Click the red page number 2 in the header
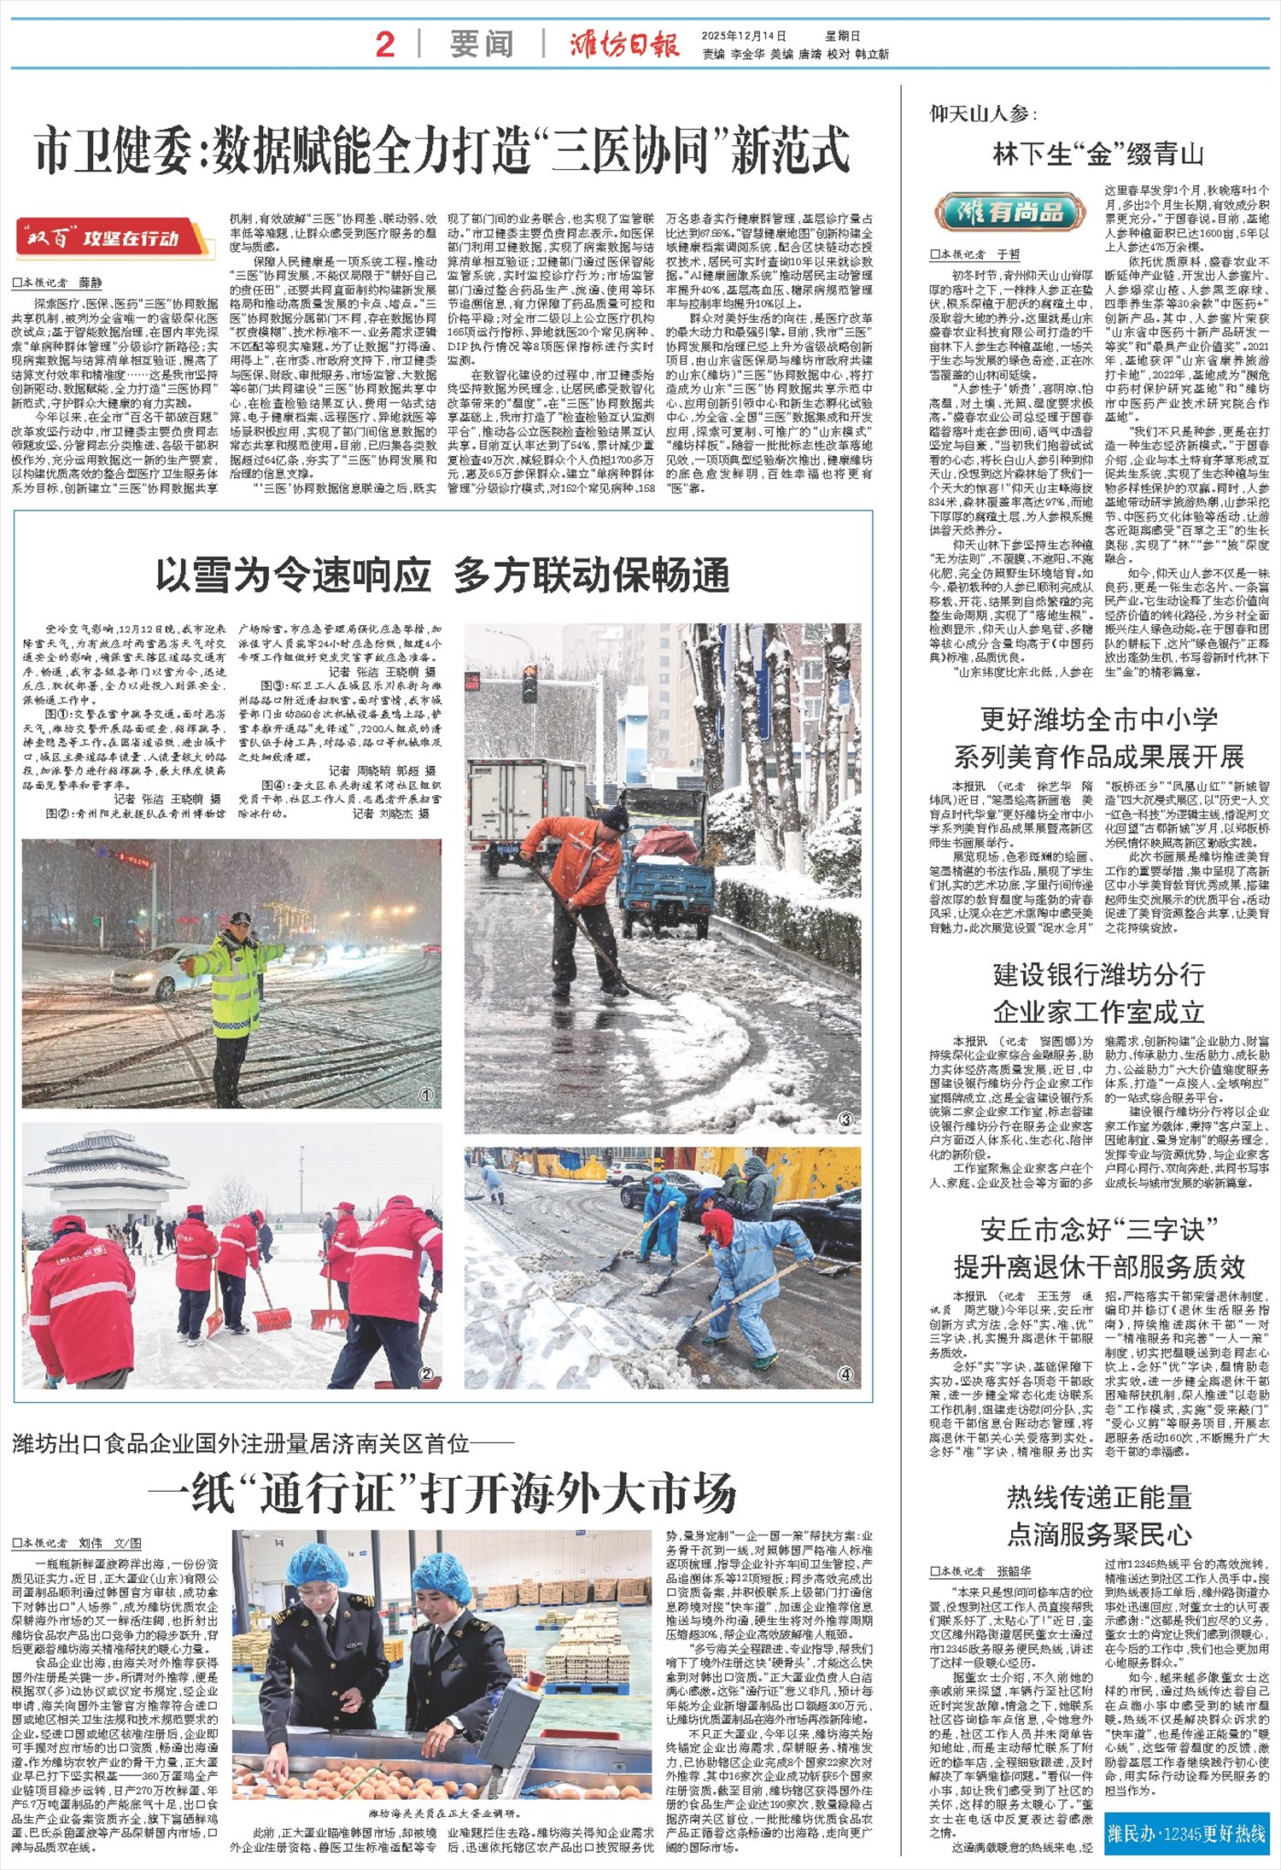[385, 44]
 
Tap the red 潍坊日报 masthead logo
[625, 44]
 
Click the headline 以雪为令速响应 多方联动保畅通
[442, 575]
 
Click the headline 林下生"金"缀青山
[1098, 155]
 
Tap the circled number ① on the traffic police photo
[426, 1094]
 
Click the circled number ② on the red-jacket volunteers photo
[426, 1374]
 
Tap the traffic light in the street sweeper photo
[529, 684]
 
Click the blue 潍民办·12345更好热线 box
[1186, 1833]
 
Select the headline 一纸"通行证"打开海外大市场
[442, 1493]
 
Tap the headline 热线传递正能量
[1098, 1497]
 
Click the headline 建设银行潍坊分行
[1098, 974]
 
